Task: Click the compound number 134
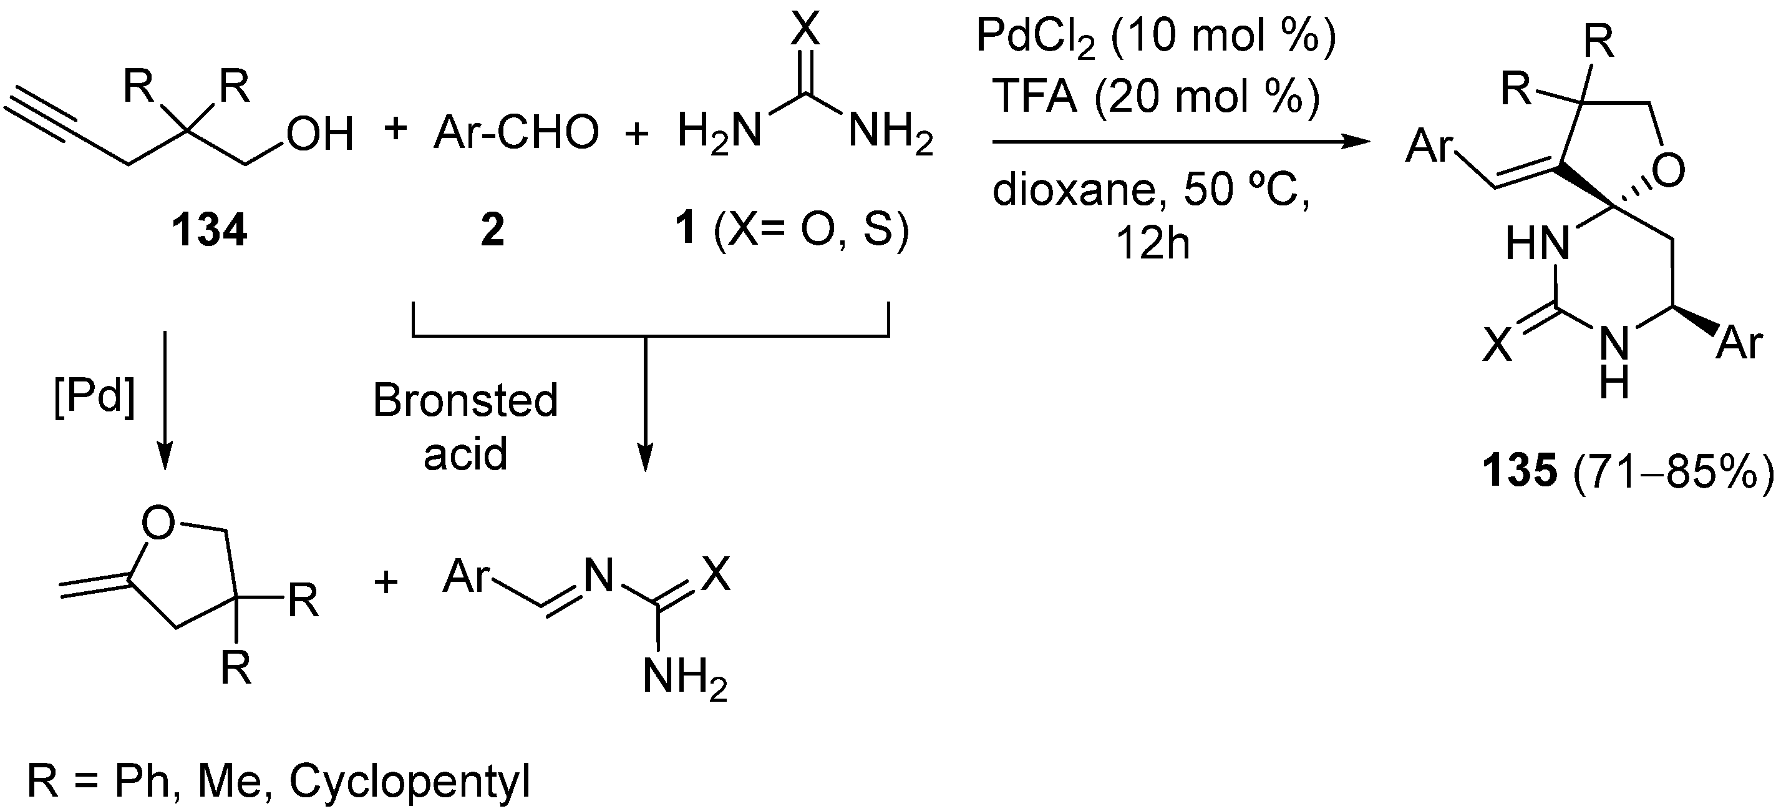point(209,230)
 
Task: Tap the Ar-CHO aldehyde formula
point(516,133)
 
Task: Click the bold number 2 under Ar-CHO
point(492,230)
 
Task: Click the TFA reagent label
point(1034,96)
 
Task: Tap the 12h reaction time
point(1153,243)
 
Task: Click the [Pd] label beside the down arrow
point(94,398)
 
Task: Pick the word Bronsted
point(465,401)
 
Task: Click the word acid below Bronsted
point(465,454)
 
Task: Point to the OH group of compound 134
point(320,134)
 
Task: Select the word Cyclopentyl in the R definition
point(409,781)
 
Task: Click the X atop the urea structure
point(805,29)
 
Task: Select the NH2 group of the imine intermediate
point(684,676)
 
